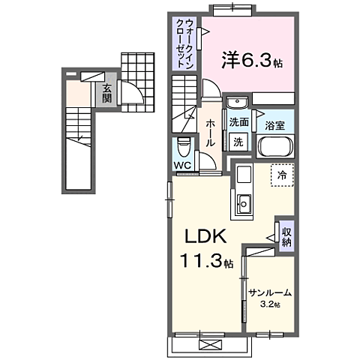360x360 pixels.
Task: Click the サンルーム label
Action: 269,293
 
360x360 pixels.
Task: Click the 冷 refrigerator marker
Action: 283,174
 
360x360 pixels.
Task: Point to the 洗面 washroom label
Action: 239,122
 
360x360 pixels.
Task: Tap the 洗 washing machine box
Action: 238,140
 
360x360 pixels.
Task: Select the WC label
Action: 183,164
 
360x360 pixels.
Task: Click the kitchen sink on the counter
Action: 244,202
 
